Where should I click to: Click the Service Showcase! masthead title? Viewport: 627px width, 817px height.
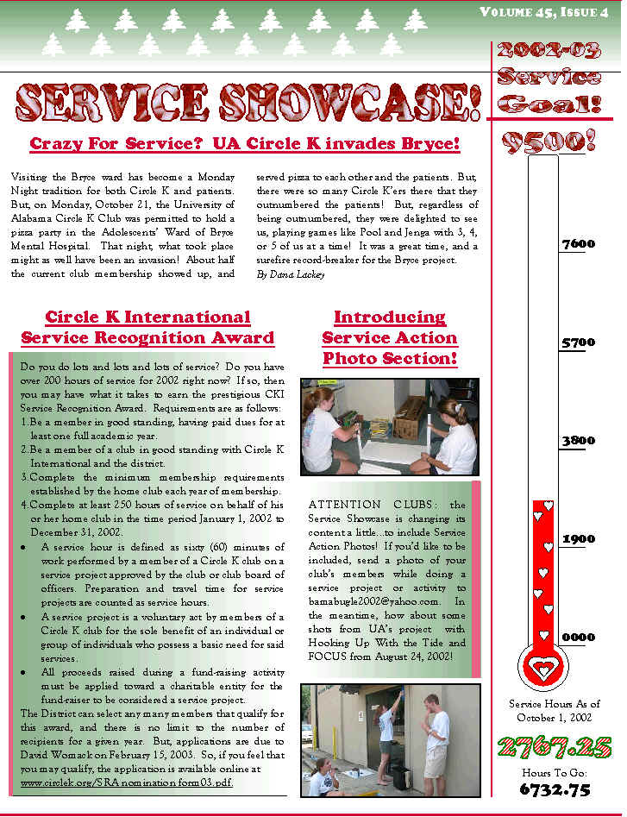[x=248, y=103]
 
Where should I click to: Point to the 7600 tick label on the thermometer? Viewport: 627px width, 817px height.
[x=578, y=244]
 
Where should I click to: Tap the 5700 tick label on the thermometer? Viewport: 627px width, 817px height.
[x=578, y=343]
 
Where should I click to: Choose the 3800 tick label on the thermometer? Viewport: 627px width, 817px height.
[x=578, y=441]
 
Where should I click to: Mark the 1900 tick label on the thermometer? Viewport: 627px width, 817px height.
[x=578, y=539]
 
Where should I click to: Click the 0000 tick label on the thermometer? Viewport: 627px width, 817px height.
[x=578, y=638]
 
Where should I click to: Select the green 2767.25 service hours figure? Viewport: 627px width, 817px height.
[x=555, y=745]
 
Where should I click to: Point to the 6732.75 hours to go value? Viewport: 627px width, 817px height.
[x=555, y=789]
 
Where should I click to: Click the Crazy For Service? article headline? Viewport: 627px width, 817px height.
[x=244, y=143]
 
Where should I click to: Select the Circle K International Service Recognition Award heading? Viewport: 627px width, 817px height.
[x=147, y=328]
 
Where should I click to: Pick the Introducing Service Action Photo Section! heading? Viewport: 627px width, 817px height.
[x=390, y=338]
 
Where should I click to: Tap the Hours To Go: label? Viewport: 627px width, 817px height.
[x=554, y=772]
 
